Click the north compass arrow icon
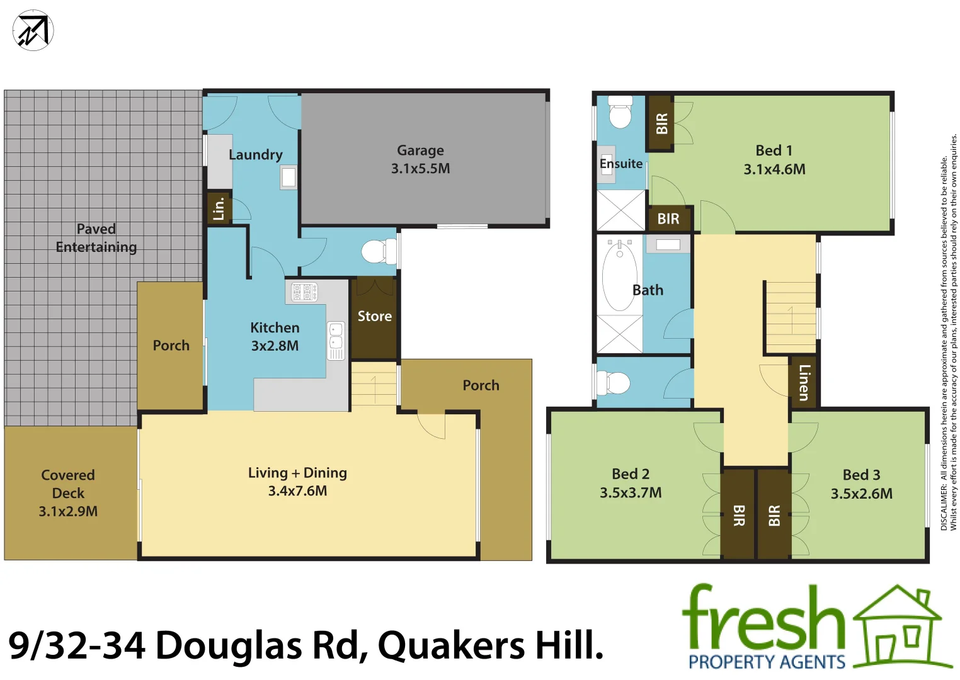tap(33, 30)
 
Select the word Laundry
tap(255, 155)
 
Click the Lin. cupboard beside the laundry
tap(219, 208)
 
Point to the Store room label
tap(374, 316)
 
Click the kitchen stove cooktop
tap(304, 292)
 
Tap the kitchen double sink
tap(336, 336)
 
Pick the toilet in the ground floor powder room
tap(378, 252)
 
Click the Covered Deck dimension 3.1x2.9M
tap(68, 511)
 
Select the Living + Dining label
tap(297, 473)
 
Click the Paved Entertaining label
tap(96, 238)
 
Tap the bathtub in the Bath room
tap(619, 277)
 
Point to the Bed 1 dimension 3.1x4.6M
tap(774, 169)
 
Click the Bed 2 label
tap(631, 474)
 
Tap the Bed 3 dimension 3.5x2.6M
tap(861, 494)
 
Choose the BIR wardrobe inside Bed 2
tap(738, 515)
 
